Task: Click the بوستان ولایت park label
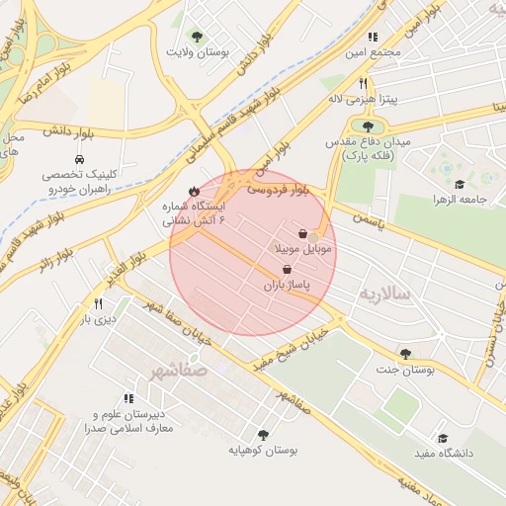[198, 50]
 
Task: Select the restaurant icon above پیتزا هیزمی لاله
[363, 84]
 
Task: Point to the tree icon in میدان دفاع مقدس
[369, 126]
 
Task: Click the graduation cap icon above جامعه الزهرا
[459, 184]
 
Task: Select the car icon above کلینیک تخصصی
[78, 159]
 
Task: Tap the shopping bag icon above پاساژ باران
[287, 269]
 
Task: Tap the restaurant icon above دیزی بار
[98, 304]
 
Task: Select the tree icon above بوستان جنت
[405, 354]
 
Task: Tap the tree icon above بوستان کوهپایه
[263, 435]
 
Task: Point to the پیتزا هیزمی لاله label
[363, 100]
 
